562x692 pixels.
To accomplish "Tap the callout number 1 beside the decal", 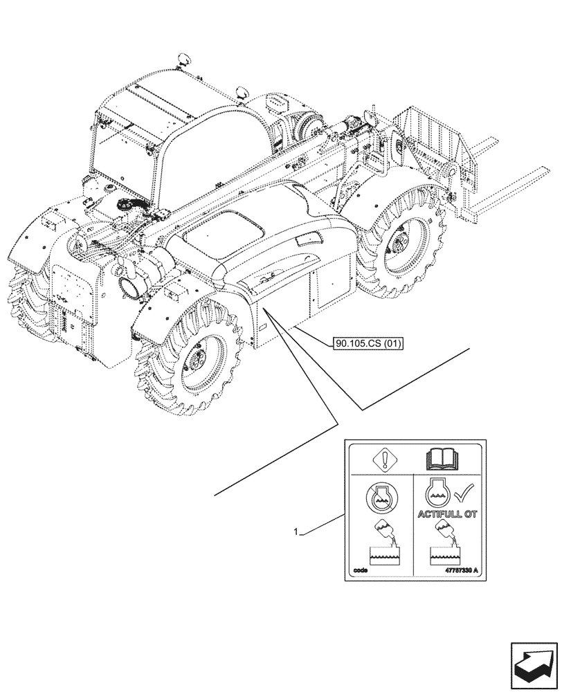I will point(296,532).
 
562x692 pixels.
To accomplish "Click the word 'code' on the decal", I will point(360,571).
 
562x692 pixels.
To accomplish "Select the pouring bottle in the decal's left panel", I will point(383,533).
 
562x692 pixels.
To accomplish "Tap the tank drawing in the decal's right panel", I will point(447,555).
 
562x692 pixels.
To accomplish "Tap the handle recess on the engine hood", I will point(305,240).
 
